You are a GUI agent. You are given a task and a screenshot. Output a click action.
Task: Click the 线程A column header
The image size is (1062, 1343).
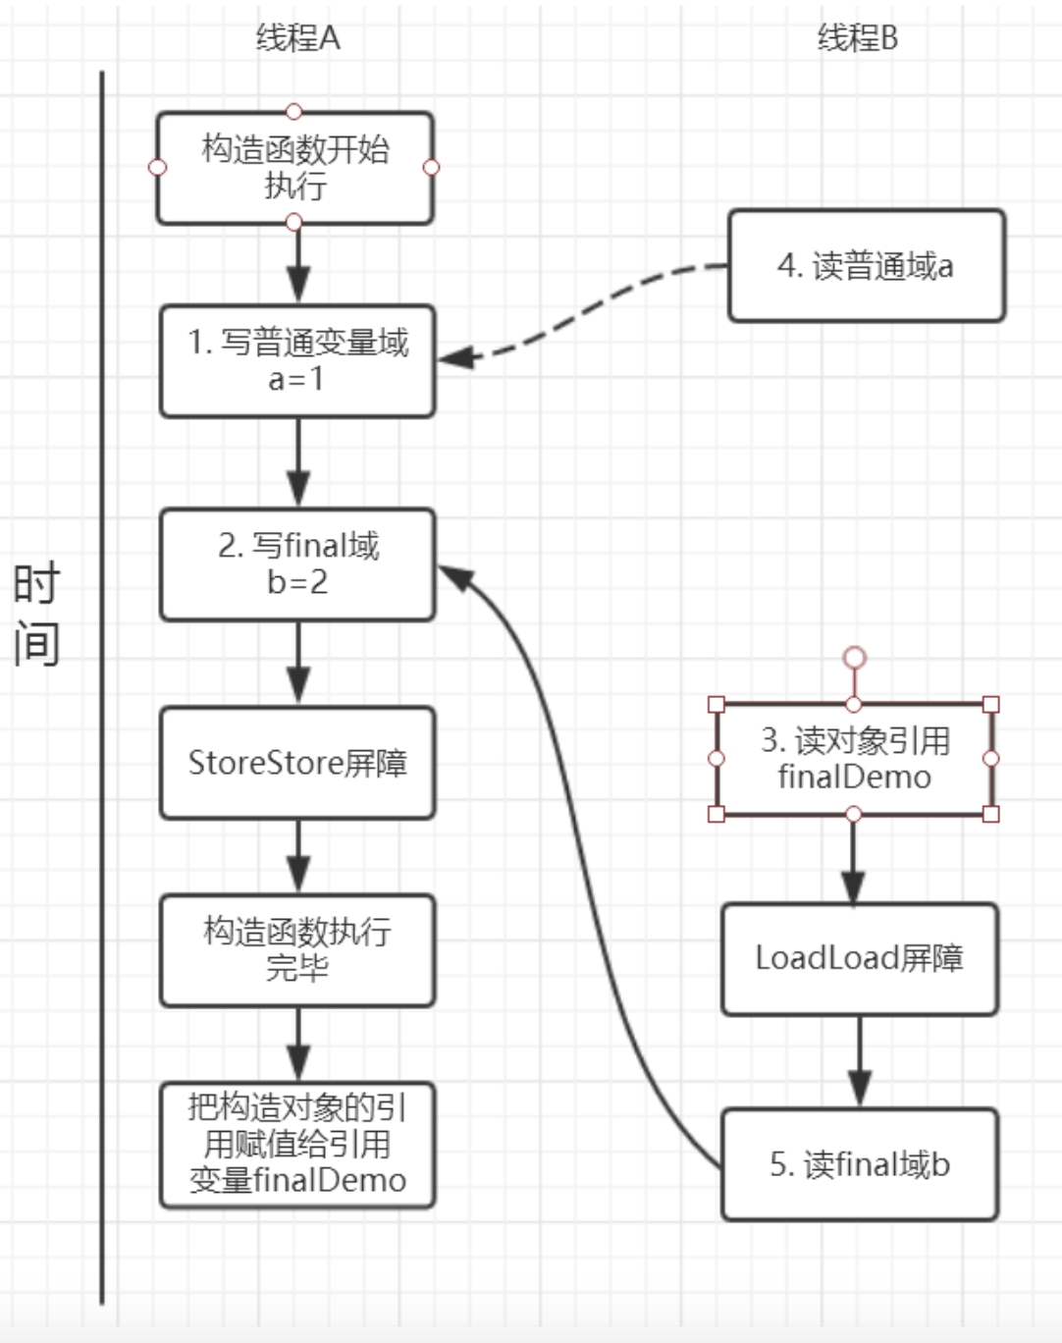click(x=297, y=38)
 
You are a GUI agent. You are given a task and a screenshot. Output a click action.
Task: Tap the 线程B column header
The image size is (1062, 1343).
click(x=857, y=38)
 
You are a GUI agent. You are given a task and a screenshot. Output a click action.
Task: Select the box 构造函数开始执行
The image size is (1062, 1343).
click(x=294, y=168)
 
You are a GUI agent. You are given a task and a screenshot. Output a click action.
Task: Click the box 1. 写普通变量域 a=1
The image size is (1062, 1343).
click(x=297, y=360)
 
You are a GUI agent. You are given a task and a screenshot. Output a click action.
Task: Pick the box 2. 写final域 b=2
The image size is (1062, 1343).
click(x=297, y=564)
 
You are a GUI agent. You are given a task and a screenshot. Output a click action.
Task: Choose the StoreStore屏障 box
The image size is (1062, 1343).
click(x=297, y=763)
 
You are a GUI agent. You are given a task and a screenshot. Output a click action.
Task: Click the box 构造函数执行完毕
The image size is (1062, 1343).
click(x=297, y=949)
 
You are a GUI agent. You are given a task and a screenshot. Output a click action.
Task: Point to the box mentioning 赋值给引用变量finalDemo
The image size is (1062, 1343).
click(x=297, y=1145)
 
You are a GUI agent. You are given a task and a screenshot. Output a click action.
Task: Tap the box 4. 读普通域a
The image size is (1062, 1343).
click(x=866, y=266)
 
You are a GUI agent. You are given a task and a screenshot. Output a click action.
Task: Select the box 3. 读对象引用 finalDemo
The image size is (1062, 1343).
click(x=854, y=759)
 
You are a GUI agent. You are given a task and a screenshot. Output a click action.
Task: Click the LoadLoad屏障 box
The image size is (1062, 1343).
click(x=859, y=959)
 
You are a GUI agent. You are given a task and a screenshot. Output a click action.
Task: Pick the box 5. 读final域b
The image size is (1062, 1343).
click(x=859, y=1164)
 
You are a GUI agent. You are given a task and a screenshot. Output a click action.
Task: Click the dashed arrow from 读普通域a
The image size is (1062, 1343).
click(x=589, y=309)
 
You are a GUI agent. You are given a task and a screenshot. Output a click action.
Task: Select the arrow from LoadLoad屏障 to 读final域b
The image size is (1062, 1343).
click(x=860, y=1061)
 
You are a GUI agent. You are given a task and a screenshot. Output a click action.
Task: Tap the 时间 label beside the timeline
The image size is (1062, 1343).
click(x=36, y=614)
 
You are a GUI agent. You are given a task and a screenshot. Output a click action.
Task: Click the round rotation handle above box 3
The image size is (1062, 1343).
click(x=855, y=657)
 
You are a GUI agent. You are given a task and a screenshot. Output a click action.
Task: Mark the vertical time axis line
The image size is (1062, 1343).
click(x=102, y=687)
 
